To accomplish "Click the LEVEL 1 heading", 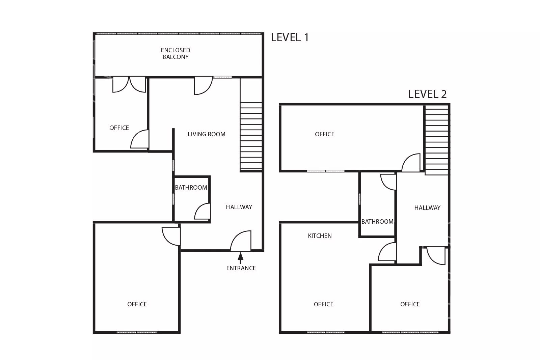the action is point(290,37).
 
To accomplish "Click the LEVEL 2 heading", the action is point(427,94).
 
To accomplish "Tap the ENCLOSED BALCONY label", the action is point(175,54).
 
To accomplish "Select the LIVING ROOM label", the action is point(207,134).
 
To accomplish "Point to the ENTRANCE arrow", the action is point(240,258).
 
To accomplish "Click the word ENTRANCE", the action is point(241,268).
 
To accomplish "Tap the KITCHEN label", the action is point(320,236).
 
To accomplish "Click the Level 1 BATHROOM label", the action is point(191,188).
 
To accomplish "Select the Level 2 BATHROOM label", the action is point(377,221).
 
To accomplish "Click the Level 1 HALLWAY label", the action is point(239,207).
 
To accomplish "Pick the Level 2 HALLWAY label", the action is point(427,208).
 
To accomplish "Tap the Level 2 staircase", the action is point(436,140).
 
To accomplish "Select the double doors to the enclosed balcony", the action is point(129,85).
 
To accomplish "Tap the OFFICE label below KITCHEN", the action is point(324,304).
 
